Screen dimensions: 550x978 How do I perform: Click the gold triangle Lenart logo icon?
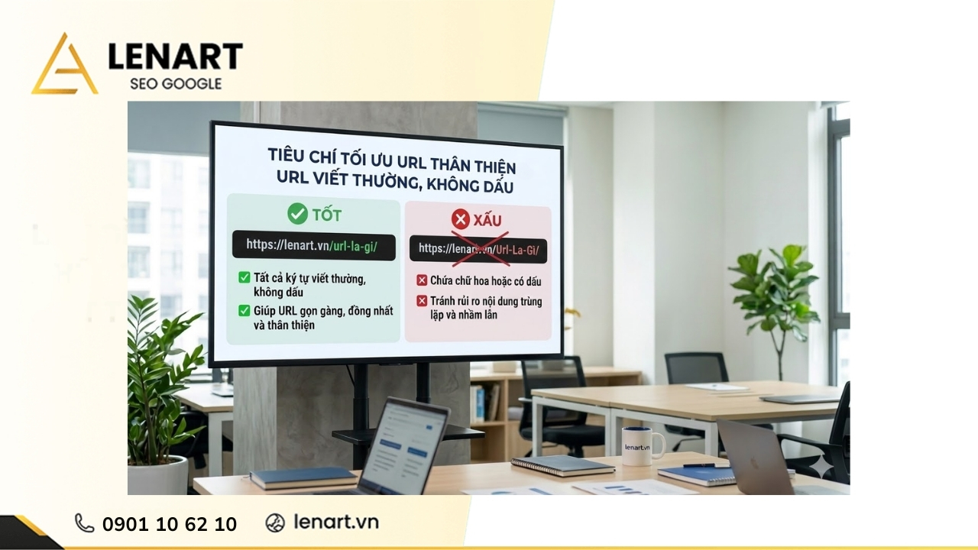[x=64, y=66]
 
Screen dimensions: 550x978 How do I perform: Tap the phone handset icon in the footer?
[x=84, y=522]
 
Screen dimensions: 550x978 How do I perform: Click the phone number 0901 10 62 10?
[x=170, y=524]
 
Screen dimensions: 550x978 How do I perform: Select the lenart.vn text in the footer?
[x=336, y=522]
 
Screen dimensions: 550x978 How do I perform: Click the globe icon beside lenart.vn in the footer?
[x=275, y=522]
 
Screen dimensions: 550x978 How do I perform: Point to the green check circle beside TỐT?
[x=297, y=214]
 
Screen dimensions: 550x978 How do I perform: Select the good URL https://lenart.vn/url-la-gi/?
[x=314, y=246]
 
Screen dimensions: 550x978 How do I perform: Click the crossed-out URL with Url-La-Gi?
[x=484, y=249]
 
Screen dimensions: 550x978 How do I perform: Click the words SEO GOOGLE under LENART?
[x=176, y=83]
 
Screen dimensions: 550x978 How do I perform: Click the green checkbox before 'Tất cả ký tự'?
[x=244, y=277]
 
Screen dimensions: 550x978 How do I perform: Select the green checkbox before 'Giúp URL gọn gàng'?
[x=244, y=311]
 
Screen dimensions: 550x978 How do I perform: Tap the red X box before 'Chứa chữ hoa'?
[x=421, y=280]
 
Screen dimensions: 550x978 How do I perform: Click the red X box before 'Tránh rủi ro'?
[x=421, y=301]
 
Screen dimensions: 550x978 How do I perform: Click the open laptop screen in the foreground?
[x=405, y=443]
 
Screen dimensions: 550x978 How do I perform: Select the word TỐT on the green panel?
[x=326, y=215]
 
